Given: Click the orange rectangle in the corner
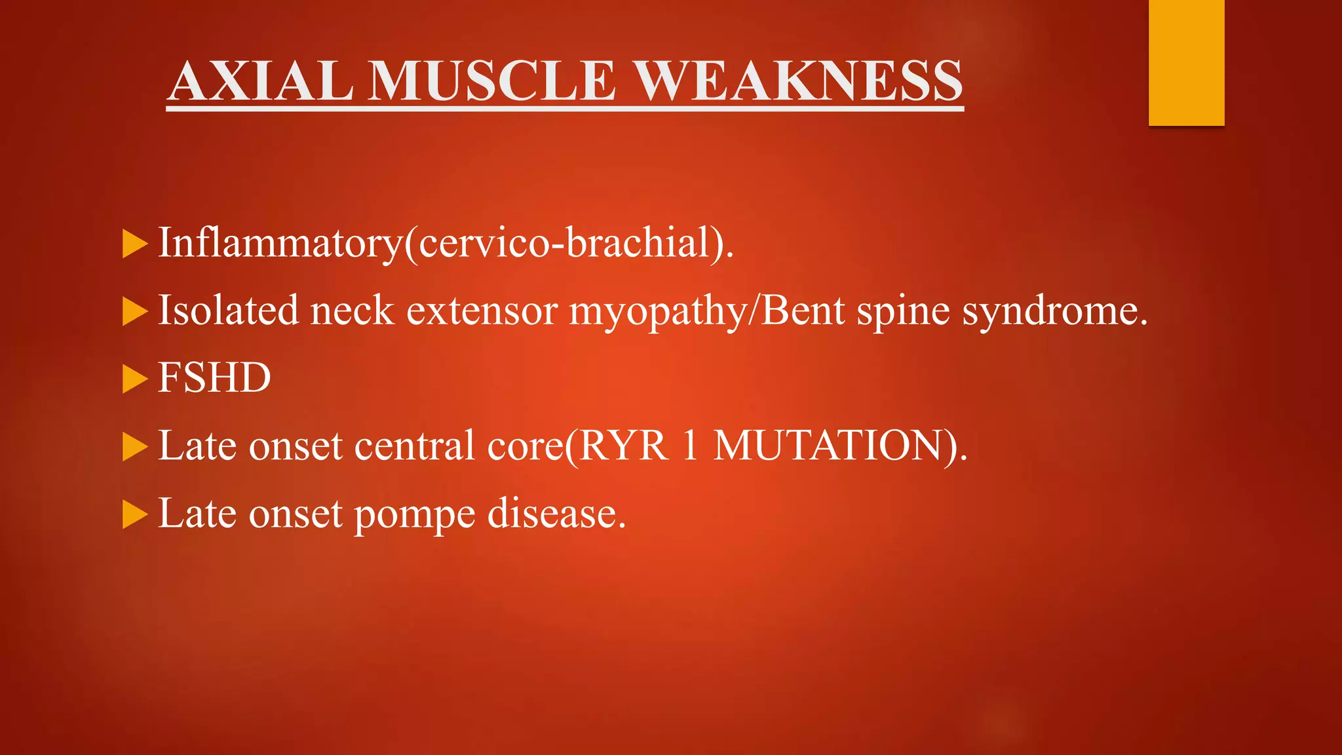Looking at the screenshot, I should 1186,62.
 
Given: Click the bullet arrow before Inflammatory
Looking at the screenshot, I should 134,244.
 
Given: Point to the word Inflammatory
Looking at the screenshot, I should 280,242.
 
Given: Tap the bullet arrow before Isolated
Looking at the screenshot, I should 134,311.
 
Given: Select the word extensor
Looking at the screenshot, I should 482,311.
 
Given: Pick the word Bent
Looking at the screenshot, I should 803,310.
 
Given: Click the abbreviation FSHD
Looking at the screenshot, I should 214,378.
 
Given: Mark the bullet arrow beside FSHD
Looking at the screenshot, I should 134,379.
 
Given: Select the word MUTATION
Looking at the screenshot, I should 828,446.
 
